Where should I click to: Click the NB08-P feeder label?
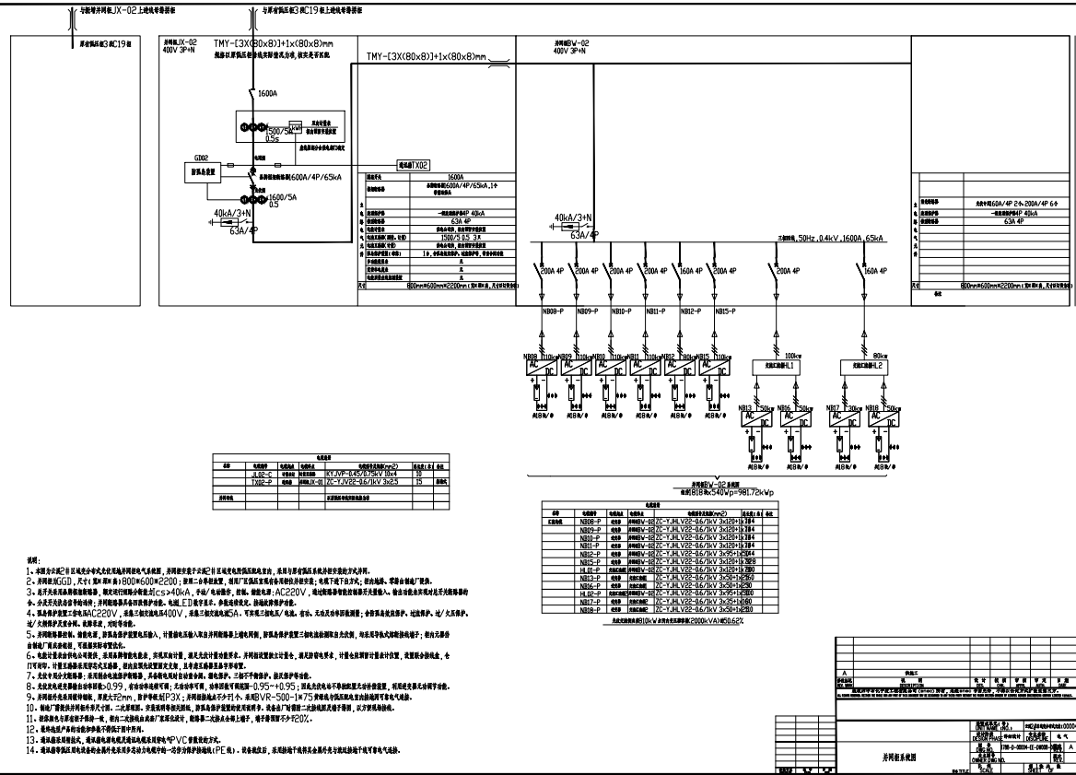pos(552,311)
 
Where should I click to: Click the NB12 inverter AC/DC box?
pos(689,367)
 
